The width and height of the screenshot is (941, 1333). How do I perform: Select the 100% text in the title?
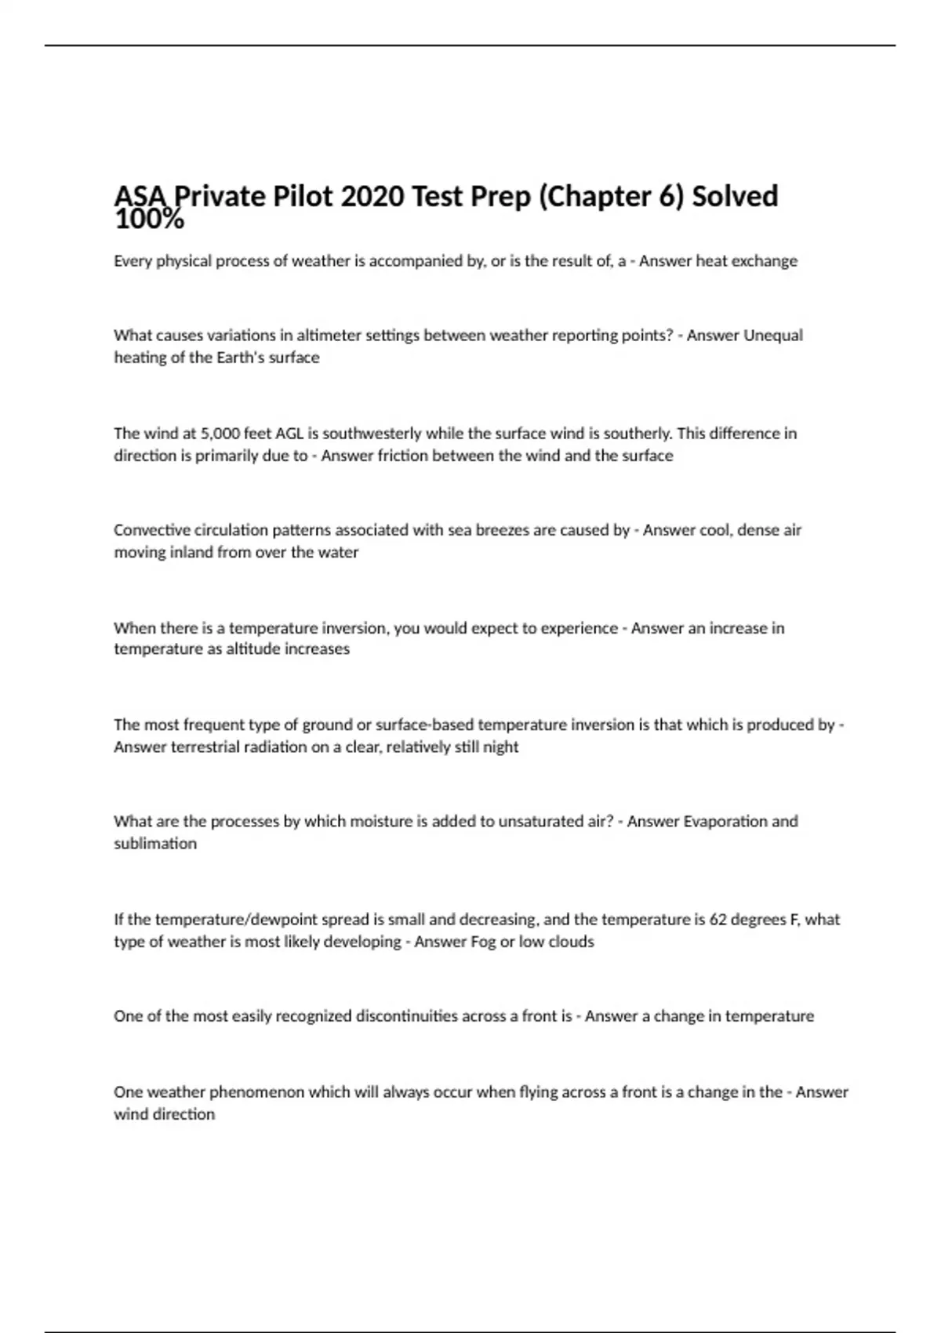pyautogui.click(x=149, y=221)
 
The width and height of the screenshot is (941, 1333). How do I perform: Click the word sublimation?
pyautogui.click(x=155, y=844)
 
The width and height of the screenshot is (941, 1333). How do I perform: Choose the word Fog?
pyautogui.click(x=483, y=942)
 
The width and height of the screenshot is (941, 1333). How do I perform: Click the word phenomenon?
pyautogui.click(x=256, y=1092)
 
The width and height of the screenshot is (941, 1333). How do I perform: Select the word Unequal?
pyautogui.click(x=773, y=336)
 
